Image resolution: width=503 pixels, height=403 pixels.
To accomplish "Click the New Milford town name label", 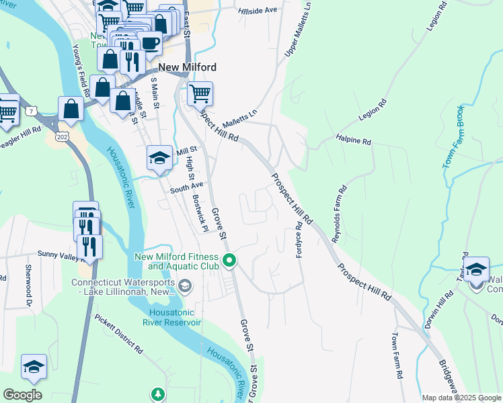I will click(x=188, y=67).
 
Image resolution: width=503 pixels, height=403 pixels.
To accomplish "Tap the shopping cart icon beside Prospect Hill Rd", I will click(x=200, y=93).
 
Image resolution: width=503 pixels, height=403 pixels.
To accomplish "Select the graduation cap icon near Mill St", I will click(x=159, y=159).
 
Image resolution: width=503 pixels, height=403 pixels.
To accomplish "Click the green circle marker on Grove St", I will click(x=229, y=260).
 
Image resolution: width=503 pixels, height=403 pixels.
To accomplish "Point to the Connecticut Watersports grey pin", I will click(x=184, y=287).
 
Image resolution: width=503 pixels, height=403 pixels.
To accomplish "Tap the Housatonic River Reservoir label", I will click(x=172, y=317).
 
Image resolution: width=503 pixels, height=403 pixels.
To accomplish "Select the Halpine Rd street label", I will click(x=354, y=142).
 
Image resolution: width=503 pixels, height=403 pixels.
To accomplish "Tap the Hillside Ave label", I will click(x=258, y=11).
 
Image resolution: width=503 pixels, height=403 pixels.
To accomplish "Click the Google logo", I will click(x=22, y=395).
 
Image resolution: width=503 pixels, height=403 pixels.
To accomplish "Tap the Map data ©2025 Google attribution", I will click(x=461, y=398).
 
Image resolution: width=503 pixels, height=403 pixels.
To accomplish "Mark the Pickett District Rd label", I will click(x=118, y=334).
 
